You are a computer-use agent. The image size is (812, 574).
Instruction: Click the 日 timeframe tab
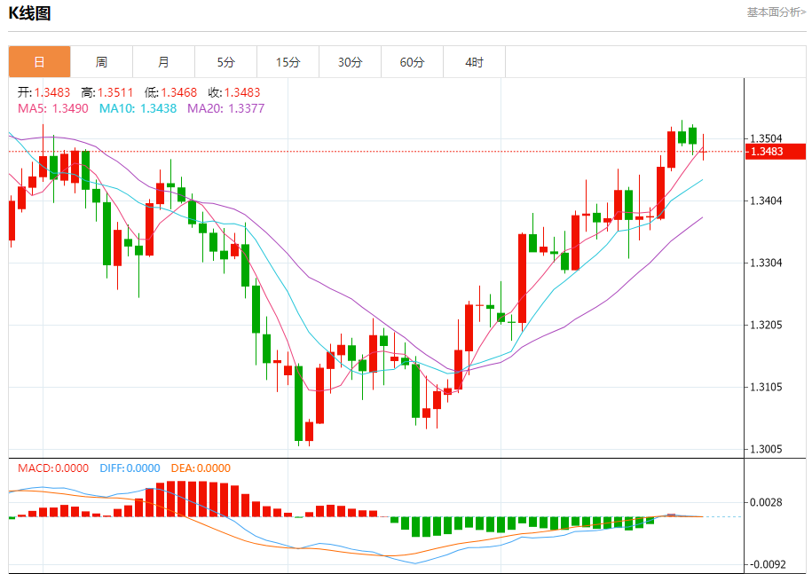39,62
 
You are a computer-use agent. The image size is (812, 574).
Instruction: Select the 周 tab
101,62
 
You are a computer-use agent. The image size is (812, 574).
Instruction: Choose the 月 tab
163,62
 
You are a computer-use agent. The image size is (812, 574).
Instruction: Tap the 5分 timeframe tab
225,62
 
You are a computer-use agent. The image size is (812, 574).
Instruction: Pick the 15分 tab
288,62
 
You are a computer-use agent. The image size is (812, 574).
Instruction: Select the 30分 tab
350,62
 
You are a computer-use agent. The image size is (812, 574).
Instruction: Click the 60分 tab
412,62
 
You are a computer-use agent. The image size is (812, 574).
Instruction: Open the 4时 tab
474,62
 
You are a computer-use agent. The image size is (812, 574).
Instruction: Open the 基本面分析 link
776,12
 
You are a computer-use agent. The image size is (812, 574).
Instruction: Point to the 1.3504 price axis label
767,138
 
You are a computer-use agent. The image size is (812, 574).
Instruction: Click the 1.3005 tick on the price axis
767,450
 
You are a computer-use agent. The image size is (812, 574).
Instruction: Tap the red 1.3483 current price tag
775,152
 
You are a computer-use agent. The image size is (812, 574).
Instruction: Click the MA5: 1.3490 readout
52,108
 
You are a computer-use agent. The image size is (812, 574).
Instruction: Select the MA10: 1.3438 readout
138,108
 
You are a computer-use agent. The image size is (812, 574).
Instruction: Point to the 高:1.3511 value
106,92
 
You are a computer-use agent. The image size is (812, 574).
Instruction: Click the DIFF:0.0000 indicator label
130,468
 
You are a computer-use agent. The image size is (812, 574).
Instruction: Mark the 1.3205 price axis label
767,325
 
